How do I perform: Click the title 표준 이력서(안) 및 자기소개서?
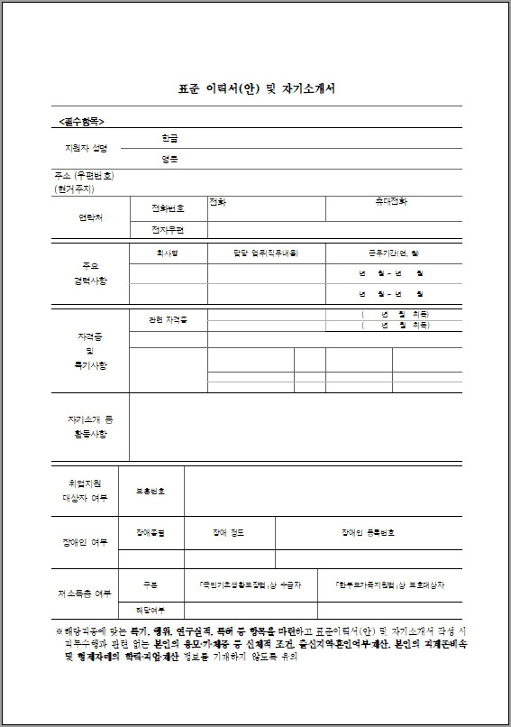[256, 90]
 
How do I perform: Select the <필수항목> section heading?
[82, 120]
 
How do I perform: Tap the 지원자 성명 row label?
[87, 147]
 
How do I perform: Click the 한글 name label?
[169, 138]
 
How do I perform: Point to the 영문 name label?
[169, 160]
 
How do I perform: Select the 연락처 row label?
[91, 218]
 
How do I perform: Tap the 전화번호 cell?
[168, 208]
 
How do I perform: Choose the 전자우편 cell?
[168, 230]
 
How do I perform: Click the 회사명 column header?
[168, 254]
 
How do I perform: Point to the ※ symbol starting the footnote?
[59, 632]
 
